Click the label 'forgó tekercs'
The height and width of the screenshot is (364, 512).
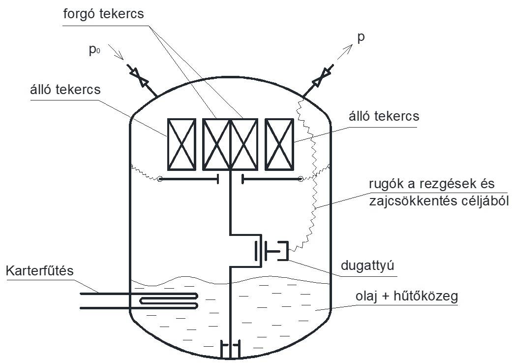pos(104,13)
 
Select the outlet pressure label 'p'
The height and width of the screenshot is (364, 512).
pos(361,37)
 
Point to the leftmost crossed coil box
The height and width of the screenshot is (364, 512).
pos(182,143)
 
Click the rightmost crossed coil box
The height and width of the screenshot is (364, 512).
pos(279,143)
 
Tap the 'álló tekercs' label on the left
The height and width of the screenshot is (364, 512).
pos(65,90)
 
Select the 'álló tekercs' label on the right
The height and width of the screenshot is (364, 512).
pos(383,116)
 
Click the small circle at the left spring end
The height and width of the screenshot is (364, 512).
pos(160,179)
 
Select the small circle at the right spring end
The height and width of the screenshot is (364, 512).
pos(300,179)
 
